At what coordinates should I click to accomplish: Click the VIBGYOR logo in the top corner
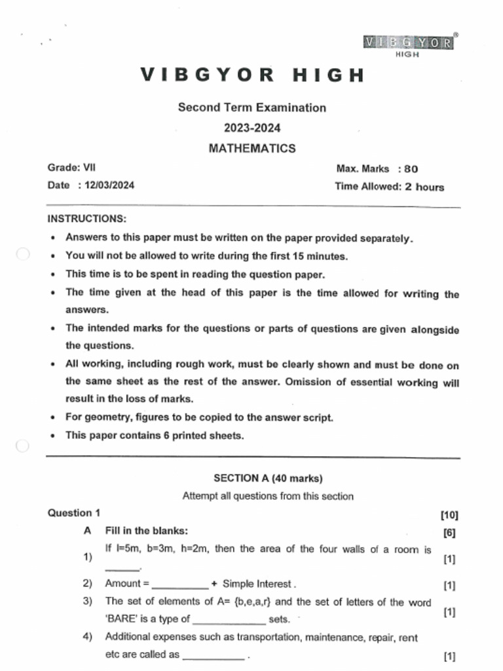408,45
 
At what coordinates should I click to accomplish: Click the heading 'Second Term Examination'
251,107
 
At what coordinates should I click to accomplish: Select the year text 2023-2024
251,128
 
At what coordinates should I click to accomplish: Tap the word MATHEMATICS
251,149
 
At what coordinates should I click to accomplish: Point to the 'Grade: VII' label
71,168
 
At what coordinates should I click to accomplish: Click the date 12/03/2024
106,185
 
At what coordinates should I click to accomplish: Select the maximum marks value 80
411,169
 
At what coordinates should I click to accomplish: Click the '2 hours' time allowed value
424,187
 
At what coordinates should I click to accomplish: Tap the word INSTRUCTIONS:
86,218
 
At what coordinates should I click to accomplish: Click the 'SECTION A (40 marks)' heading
268,478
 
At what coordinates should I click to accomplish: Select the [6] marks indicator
449,533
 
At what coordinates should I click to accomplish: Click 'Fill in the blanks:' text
146,531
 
